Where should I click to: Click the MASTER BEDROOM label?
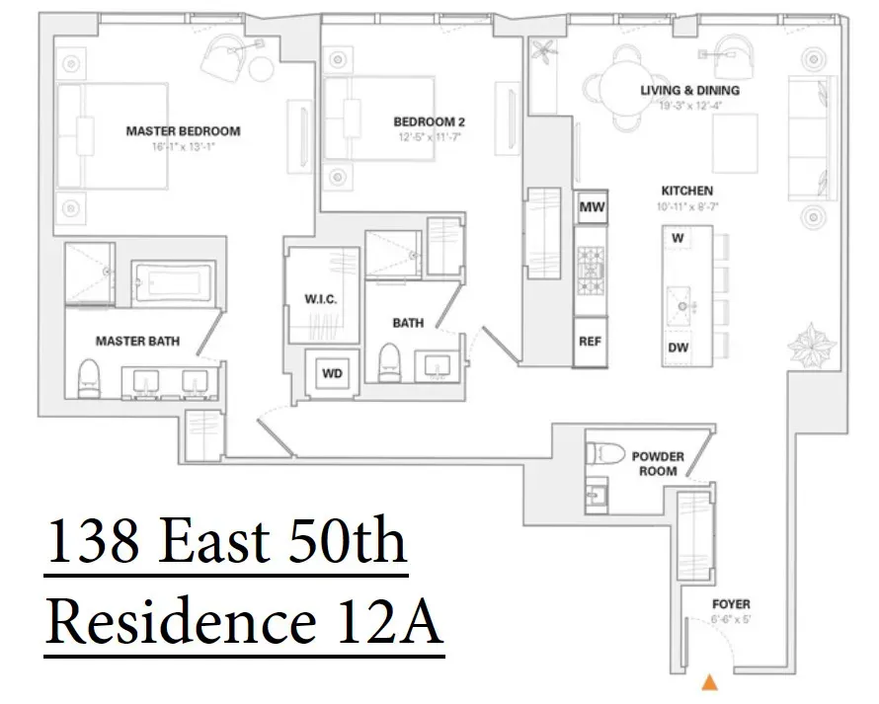[x=183, y=130]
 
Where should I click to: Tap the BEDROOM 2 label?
[x=429, y=122]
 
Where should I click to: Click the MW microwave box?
[x=592, y=207]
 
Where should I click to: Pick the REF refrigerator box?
[x=591, y=342]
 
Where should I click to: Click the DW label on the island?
[x=679, y=347]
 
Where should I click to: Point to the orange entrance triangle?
[x=708, y=681]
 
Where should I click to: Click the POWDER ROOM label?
[x=659, y=464]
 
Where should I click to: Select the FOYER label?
[x=731, y=604]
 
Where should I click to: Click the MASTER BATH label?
[x=137, y=342]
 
